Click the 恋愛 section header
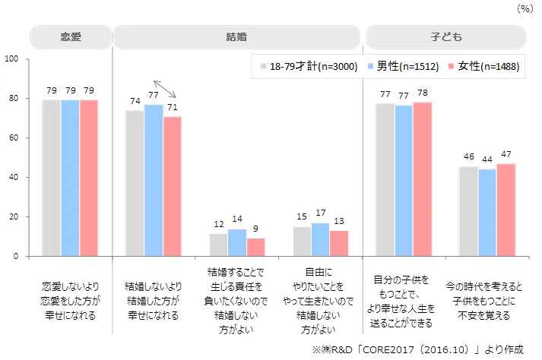pyautogui.click(x=70, y=36)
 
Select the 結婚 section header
pyautogui.click(x=236, y=36)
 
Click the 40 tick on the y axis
pyautogui.click(x=13, y=177)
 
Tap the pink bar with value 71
pyautogui.click(x=173, y=186)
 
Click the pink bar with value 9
pyautogui.click(x=256, y=247)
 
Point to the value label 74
pyautogui.click(x=135, y=101)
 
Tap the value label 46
pyautogui.click(x=469, y=157)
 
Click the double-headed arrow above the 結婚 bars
pyautogui.click(x=166, y=90)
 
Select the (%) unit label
pyautogui.click(x=525, y=8)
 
